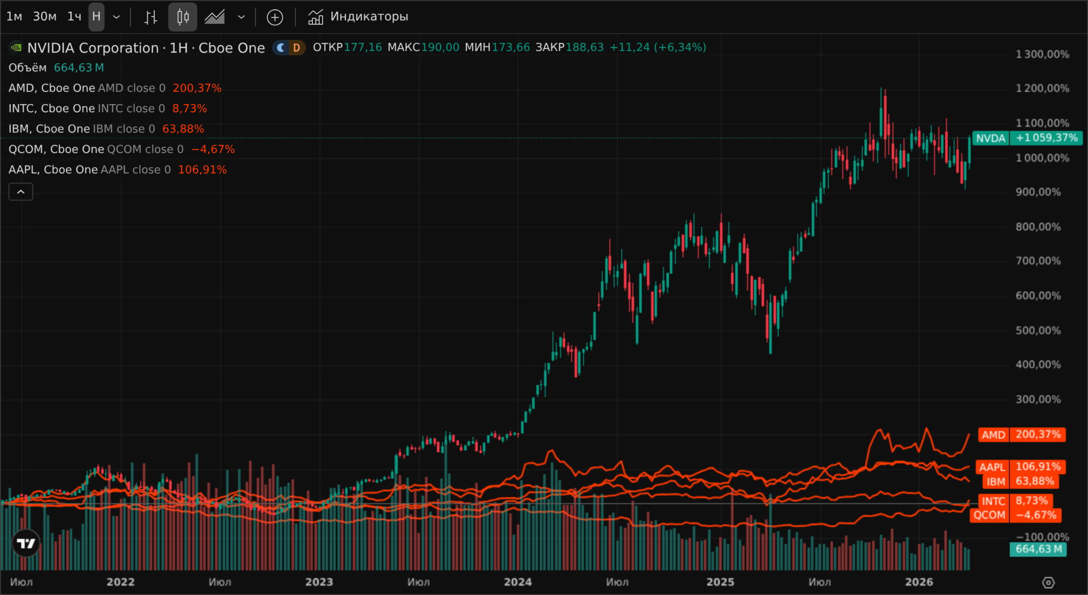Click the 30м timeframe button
coord(45,16)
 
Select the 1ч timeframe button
coord(74,16)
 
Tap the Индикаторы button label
coord(369,16)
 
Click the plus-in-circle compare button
coord(275,18)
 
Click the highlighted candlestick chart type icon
coord(183,17)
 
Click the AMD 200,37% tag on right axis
coord(1022,435)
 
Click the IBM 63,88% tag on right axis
coord(1021,481)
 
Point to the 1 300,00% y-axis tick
coord(1042,54)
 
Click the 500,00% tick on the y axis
coord(1038,330)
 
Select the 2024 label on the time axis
coord(517,582)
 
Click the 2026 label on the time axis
coord(919,582)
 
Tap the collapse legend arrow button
coord(21,192)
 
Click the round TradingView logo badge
coord(26,543)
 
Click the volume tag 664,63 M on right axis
coord(1038,549)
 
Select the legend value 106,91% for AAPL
coord(202,170)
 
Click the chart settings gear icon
coord(1048,582)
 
